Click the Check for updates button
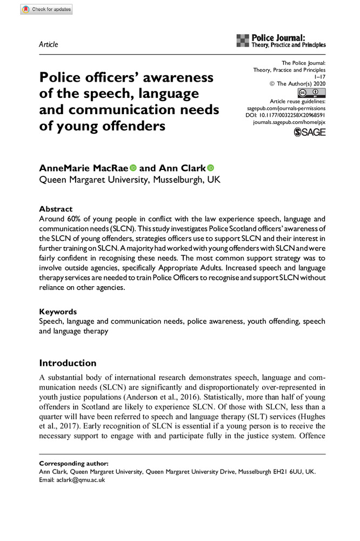pos(46,9)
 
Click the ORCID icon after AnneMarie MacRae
pos(133,168)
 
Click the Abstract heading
pos(56,209)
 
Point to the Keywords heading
pos(58,312)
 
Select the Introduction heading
pos(68,363)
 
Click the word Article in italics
pos(49,44)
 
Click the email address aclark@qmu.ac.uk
pos(78,479)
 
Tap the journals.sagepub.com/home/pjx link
pos(289,123)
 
